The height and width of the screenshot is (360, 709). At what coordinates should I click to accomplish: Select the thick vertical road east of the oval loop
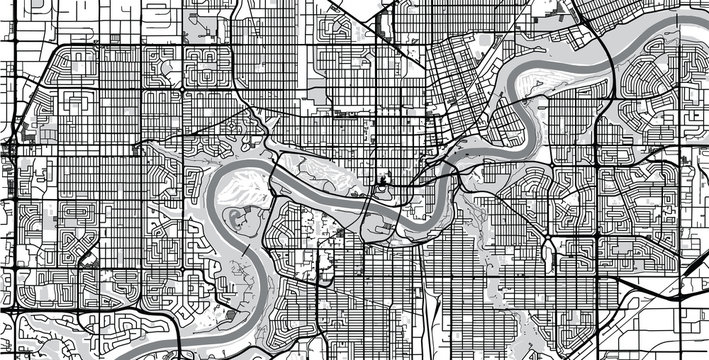597,200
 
